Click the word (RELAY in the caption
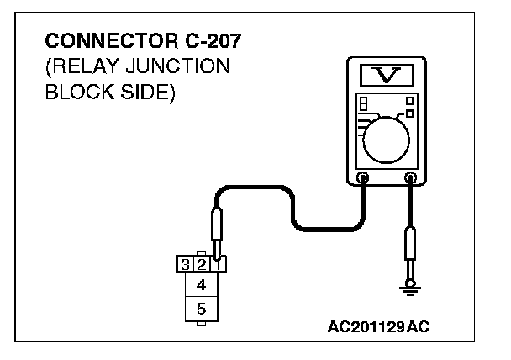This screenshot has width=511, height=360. click(81, 66)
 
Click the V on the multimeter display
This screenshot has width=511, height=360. click(387, 77)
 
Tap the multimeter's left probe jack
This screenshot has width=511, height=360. click(363, 177)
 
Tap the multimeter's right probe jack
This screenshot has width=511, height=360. click(411, 177)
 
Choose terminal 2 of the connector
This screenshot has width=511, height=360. click(201, 265)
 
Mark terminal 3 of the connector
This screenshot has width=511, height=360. click(185, 265)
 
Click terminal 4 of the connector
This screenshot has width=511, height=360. click(201, 286)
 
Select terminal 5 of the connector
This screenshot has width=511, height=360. click(201, 310)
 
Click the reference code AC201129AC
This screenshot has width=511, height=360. click(378, 326)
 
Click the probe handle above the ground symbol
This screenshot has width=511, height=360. click(411, 244)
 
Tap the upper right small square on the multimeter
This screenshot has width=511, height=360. click(410, 100)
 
